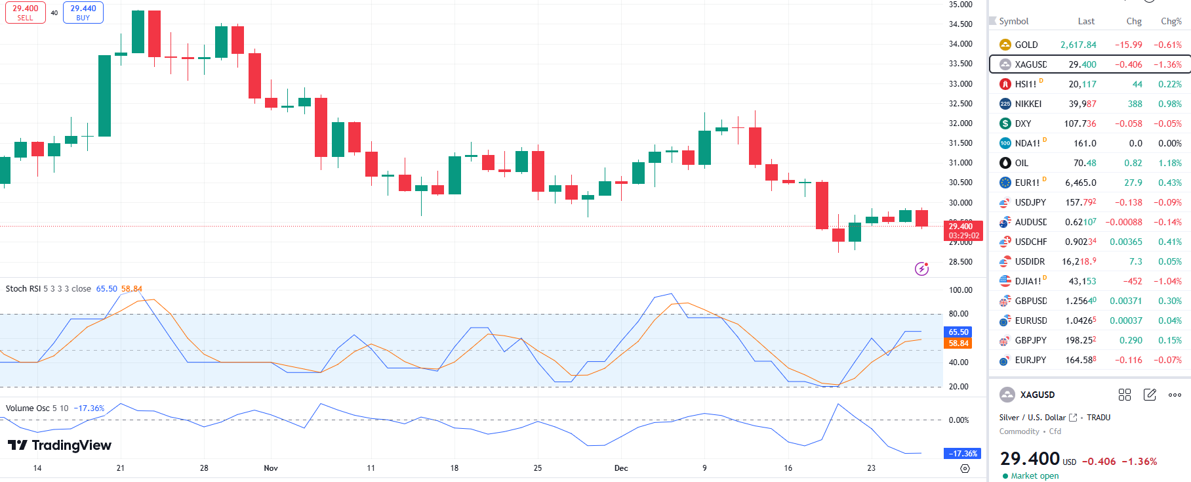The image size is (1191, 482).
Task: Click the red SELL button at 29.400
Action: point(26,12)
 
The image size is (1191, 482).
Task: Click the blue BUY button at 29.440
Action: point(83,12)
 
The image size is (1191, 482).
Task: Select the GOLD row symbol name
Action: point(1026,45)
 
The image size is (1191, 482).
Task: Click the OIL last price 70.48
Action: point(1084,163)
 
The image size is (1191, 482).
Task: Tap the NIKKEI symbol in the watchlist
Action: point(1028,104)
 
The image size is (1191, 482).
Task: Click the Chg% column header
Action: point(1171,21)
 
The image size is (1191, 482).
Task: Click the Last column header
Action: point(1086,21)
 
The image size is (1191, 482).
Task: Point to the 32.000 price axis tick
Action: point(960,123)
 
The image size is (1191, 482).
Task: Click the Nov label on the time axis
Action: point(271,468)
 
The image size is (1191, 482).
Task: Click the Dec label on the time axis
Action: point(621,468)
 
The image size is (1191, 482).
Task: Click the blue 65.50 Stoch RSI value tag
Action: point(958,332)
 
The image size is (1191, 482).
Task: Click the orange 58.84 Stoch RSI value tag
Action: point(958,343)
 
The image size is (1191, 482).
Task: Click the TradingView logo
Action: point(60,445)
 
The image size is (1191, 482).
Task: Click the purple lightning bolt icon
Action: point(921,269)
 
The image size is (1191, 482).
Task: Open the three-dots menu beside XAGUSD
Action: point(1175,395)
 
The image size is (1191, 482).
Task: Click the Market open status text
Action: point(1034,476)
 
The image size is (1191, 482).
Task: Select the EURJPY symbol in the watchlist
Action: point(1030,360)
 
